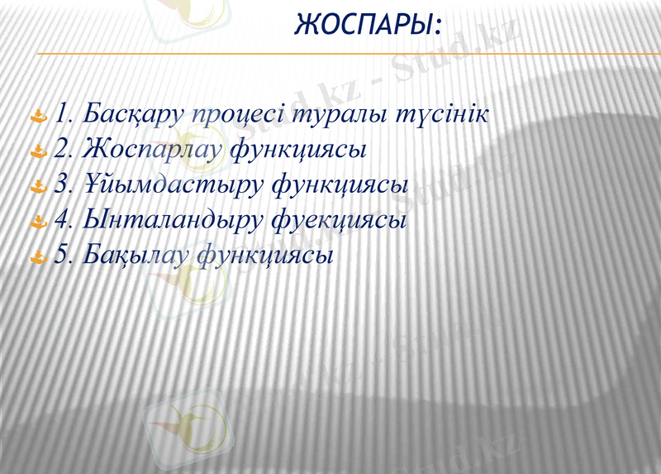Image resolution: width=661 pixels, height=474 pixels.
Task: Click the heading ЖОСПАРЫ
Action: click(367, 25)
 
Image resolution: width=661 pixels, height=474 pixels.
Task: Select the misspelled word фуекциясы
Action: click(342, 221)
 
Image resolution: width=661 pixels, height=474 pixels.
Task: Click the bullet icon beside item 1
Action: click(37, 117)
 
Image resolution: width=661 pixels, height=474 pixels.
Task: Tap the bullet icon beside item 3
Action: click(37, 186)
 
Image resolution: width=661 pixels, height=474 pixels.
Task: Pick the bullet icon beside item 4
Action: click(37, 221)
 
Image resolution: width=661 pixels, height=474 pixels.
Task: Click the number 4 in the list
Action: click(61, 221)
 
